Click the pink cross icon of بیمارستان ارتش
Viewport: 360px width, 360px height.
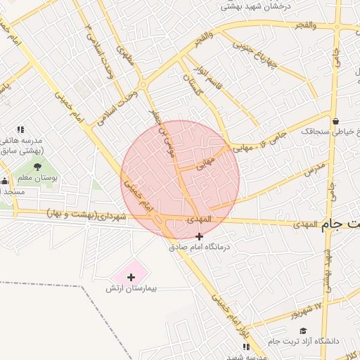point(131,277)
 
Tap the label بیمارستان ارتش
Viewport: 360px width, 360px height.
point(131,289)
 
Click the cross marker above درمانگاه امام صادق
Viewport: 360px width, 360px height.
point(200,236)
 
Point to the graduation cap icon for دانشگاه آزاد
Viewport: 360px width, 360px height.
point(303,330)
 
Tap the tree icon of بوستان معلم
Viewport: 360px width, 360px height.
point(37,167)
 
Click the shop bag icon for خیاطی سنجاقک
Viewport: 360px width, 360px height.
point(335,120)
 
